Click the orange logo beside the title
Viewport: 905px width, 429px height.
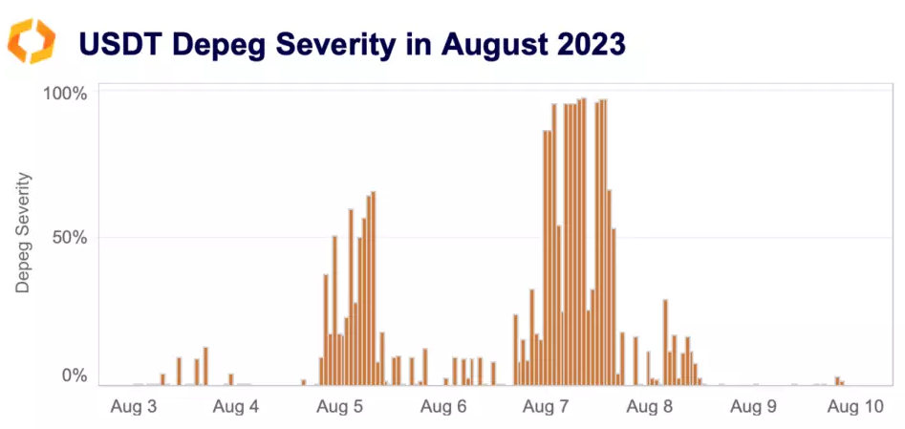click(x=32, y=43)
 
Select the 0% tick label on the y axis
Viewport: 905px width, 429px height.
click(x=75, y=375)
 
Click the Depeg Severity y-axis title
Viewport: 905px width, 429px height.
click(x=23, y=232)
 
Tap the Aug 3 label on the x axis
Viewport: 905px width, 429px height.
click(x=133, y=406)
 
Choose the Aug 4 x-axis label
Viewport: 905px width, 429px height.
click(x=236, y=406)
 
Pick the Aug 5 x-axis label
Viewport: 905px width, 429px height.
click(x=339, y=406)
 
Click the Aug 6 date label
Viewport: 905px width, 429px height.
click(x=442, y=406)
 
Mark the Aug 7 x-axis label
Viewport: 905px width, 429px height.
click(x=546, y=406)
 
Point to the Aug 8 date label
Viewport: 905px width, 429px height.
click(x=649, y=406)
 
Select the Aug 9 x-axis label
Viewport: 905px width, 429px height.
click(x=753, y=406)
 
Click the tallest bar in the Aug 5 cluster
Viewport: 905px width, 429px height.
click(x=374, y=287)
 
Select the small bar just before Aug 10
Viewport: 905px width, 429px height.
click(x=837, y=380)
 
